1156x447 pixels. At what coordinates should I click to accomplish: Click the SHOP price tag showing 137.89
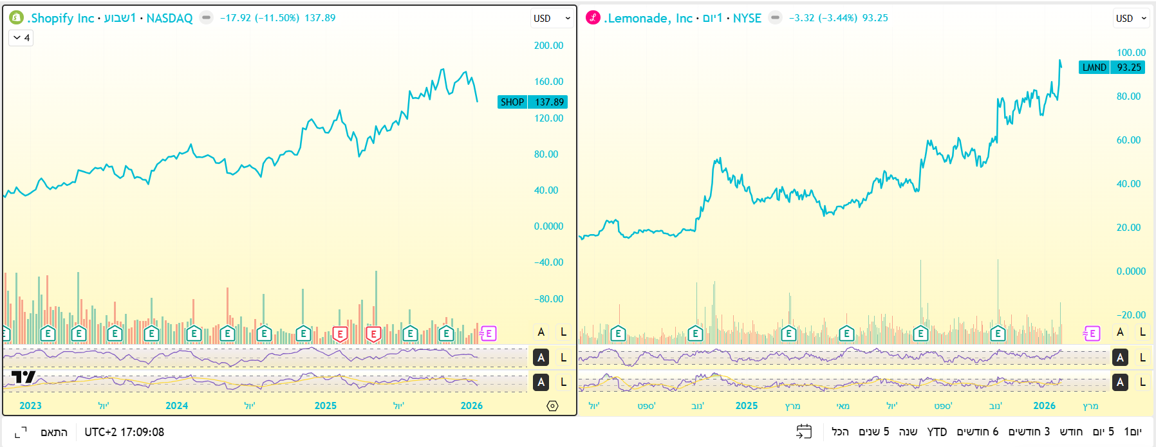532,102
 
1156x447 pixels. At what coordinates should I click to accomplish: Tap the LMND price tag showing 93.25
1112,68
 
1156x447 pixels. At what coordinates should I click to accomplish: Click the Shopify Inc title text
61,18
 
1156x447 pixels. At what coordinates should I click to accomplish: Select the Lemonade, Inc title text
649,18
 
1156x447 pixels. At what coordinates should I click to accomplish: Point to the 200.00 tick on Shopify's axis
548,46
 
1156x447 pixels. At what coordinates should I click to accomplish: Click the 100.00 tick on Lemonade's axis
1131,53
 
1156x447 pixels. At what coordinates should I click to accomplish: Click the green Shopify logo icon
16,18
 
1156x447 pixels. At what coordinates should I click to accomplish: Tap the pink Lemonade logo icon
593,18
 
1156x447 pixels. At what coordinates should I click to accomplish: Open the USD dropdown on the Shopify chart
552,18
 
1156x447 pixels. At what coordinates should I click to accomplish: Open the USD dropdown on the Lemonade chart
1131,18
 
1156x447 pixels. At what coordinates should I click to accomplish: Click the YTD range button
937,432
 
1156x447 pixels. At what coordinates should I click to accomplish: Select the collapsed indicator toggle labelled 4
21,38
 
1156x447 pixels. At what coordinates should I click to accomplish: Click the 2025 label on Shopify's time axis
325,406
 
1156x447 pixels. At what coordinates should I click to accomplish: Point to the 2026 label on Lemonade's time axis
1044,406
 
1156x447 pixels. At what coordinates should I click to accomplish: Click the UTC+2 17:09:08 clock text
124,432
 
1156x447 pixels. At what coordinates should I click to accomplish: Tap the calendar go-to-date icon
804,432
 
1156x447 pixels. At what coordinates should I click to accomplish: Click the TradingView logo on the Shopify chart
23,378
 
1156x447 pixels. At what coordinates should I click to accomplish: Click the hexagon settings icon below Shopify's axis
552,406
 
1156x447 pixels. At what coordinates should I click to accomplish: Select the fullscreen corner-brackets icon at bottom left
21,432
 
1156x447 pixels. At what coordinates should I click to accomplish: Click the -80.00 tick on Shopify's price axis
548,299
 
